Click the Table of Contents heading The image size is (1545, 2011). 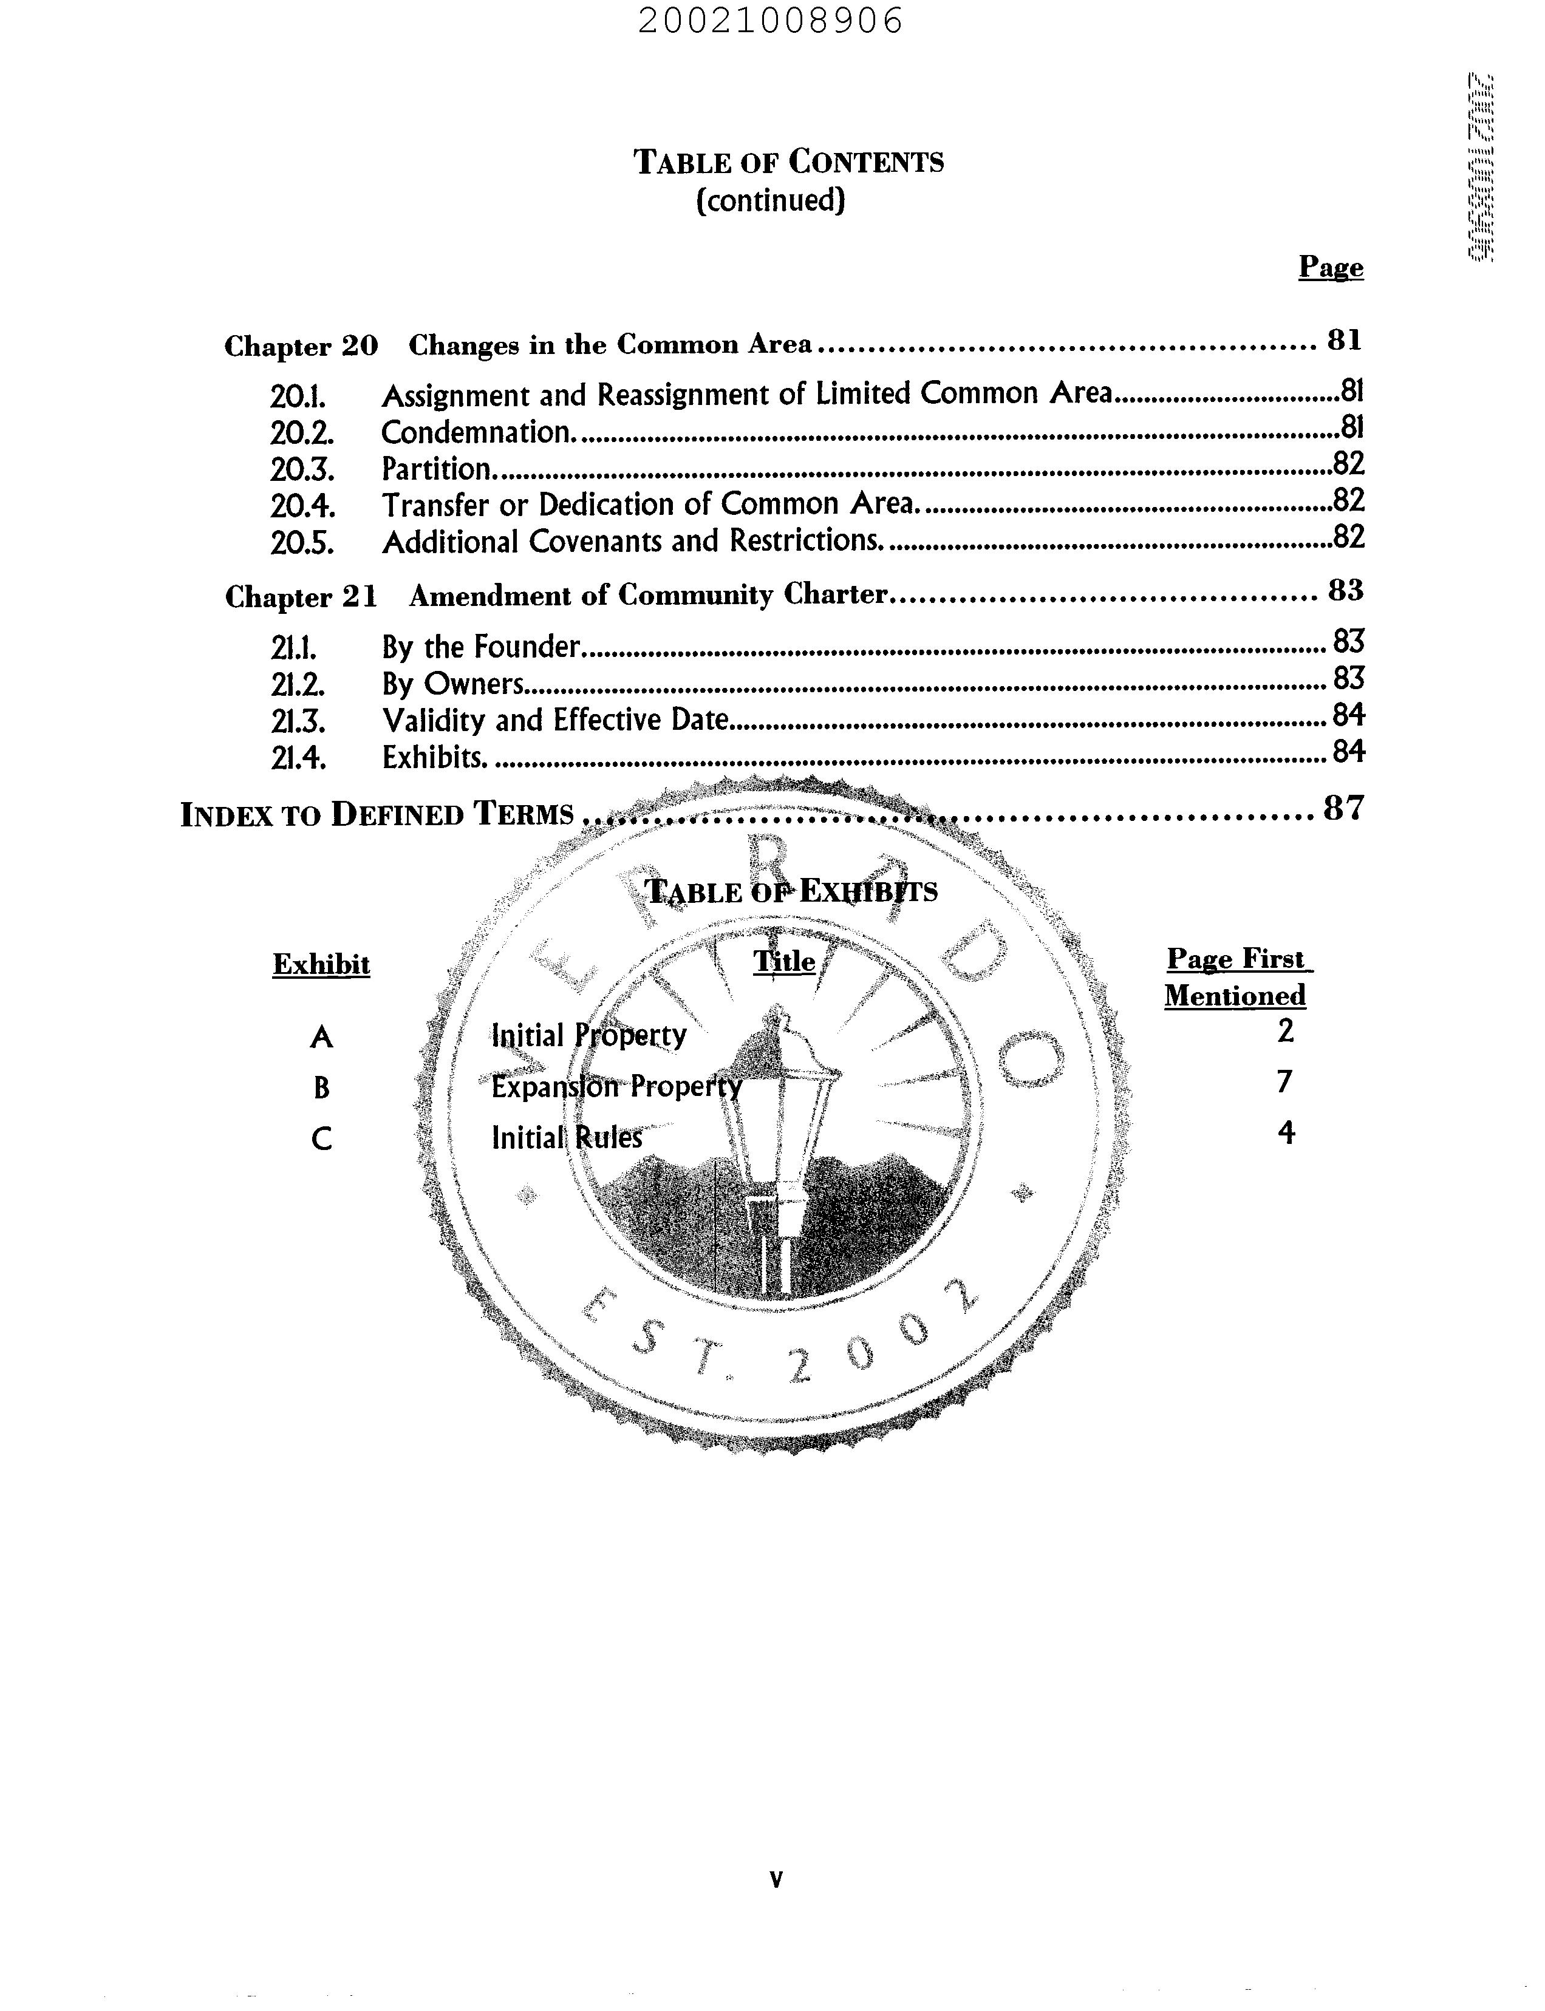tap(788, 162)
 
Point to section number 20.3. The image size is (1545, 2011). tap(302, 469)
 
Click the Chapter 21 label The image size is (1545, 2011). tap(301, 597)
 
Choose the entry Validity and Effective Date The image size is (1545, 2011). tap(556, 720)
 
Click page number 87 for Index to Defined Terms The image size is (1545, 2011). tap(1343, 808)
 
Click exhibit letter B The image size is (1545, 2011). tap(321, 1088)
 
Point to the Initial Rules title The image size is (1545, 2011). tap(567, 1137)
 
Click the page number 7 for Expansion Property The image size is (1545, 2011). tap(1284, 1081)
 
